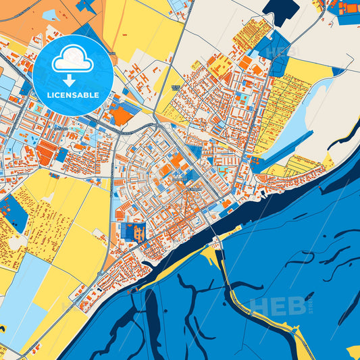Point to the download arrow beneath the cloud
click(73, 78)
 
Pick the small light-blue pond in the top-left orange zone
click(51, 14)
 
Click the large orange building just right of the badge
click(122, 115)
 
